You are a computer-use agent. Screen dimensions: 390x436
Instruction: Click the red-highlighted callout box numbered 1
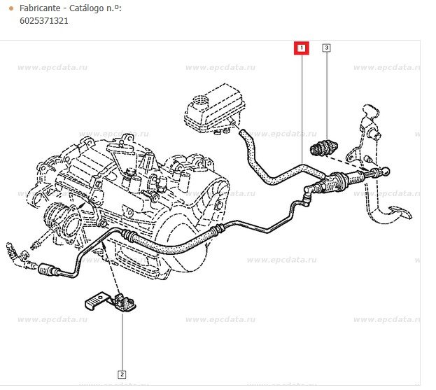(x=301, y=48)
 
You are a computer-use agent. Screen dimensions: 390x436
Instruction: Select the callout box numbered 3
(x=326, y=48)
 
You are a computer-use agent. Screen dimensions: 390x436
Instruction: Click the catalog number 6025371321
(x=43, y=21)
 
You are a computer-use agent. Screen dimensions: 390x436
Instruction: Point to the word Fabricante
(x=39, y=8)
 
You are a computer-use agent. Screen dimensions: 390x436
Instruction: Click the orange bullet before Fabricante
(x=10, y=8)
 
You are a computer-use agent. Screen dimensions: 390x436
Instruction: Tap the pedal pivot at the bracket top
(x=370, y=111)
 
